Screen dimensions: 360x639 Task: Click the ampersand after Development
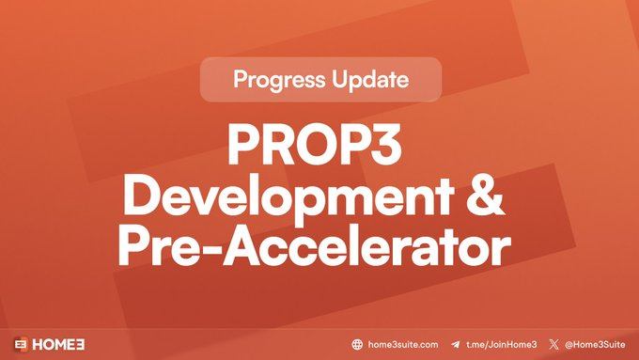485,195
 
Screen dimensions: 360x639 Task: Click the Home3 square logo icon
21,344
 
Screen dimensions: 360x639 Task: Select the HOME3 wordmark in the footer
63,344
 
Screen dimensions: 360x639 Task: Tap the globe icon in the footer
357,345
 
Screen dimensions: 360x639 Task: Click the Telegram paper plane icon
456,345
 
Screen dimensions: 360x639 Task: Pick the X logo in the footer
554,345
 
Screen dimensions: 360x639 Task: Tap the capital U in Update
343,80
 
